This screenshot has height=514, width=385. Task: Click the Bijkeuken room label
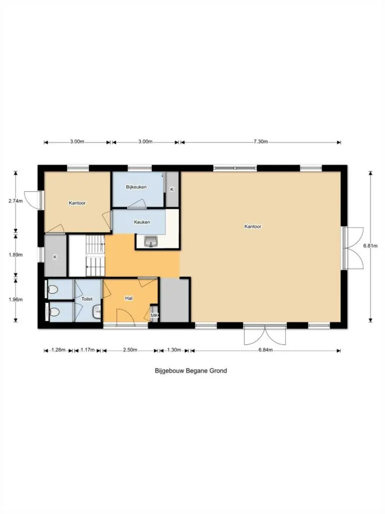pos(136,187)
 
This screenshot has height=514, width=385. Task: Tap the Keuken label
pos(142,222)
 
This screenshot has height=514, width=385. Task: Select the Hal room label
pos(129,299)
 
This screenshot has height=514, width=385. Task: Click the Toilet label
pos(87,299)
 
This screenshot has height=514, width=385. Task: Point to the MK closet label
pos(154,316)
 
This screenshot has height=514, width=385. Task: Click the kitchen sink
pos(150,241)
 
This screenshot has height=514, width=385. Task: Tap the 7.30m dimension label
pos(261,142)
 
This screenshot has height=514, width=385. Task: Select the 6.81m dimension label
pos(370,245)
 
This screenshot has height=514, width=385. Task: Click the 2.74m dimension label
pos(16,201)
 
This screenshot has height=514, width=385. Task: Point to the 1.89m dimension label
pos(16,254)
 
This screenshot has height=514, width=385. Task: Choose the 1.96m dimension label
pos(16,300)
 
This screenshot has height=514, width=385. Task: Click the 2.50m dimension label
pos(130,350)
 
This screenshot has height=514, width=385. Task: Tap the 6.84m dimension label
pos(266,350)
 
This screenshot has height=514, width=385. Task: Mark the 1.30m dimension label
pos(174,350)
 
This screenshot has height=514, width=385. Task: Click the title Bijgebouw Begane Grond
pos(191,371)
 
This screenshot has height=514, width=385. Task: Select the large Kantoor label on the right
pos(253,226)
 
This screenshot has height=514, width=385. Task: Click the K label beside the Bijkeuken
pos(172,189)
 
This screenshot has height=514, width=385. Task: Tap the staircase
pos(95,255)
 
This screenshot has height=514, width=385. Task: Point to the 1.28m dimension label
pos(58,350)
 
